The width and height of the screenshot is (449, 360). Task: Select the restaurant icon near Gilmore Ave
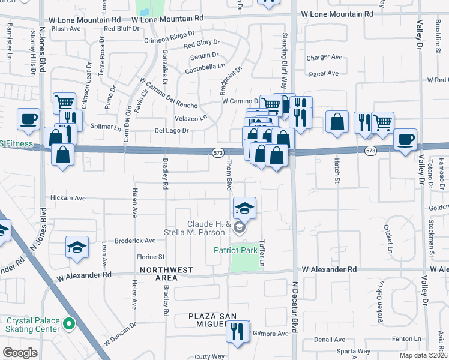238,331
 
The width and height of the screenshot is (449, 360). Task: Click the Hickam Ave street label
68,198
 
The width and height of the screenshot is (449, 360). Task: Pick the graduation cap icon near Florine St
77,248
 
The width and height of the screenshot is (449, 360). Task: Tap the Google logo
20,352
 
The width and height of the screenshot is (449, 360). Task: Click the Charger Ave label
324,58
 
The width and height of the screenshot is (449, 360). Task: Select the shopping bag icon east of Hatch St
337,122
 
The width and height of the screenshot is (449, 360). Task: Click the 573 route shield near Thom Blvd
218,154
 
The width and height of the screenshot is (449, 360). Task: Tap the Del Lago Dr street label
172,130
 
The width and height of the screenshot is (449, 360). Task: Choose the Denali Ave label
328,339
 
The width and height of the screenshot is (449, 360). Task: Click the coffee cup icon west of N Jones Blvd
28,119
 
